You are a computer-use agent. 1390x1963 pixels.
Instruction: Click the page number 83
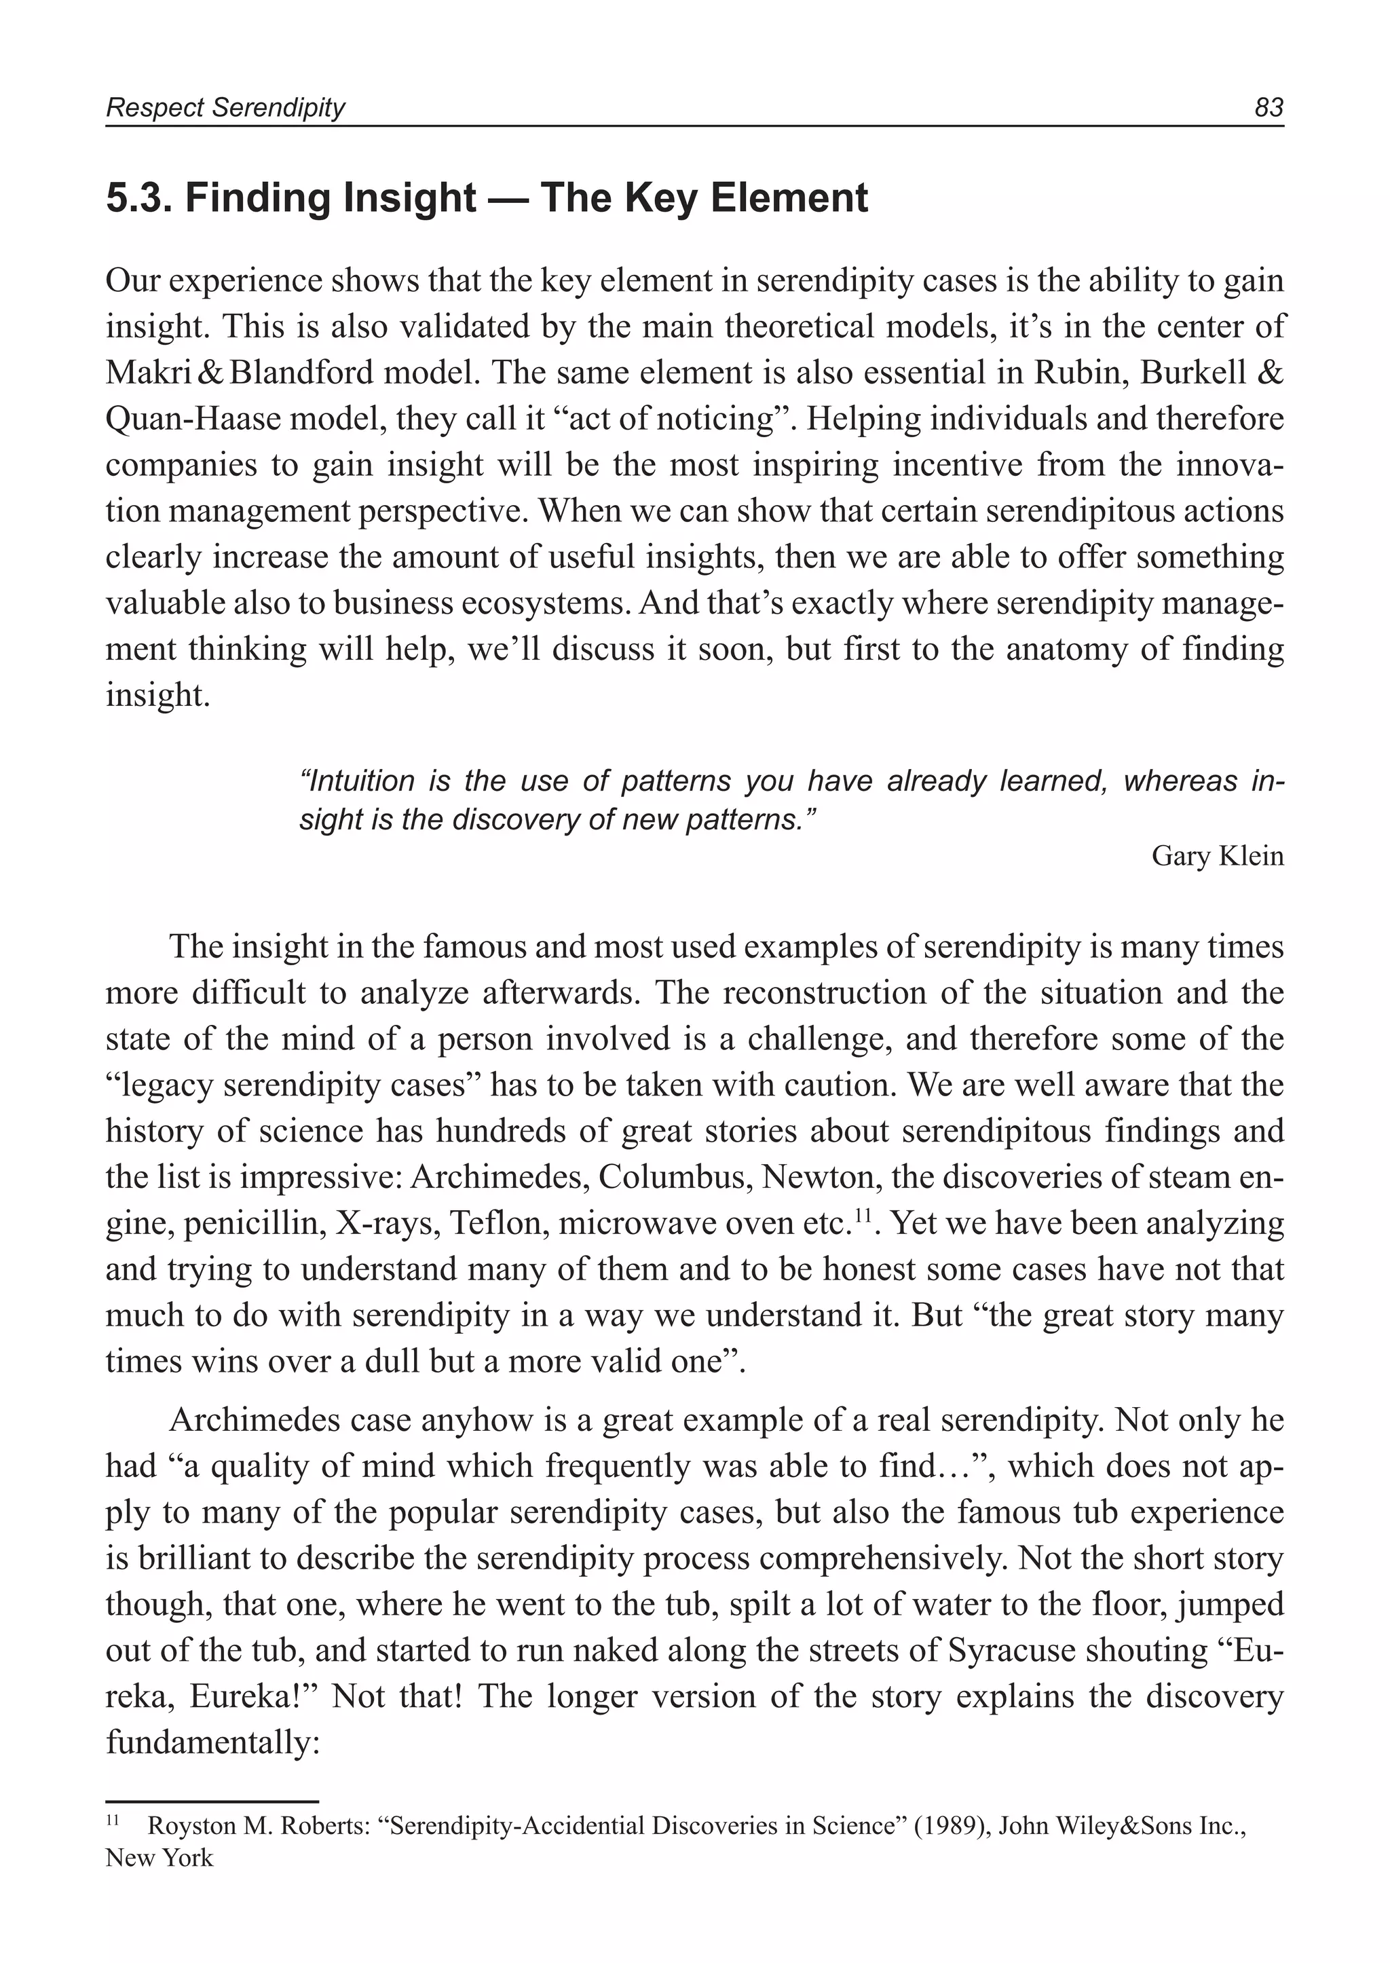tap(1269, 108)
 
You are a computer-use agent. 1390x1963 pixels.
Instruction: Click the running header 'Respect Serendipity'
tap(225, 108)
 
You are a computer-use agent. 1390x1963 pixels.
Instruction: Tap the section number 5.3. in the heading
tap(138, 199)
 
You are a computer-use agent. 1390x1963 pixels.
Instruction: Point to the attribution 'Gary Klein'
tap(1217, 856)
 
